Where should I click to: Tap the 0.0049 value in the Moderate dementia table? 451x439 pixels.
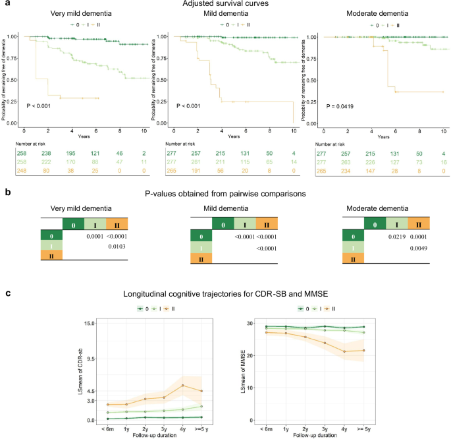pyautogui.click(x=419, y=247)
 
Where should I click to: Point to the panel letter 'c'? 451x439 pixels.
pyautogui.click(x=7, y=293)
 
